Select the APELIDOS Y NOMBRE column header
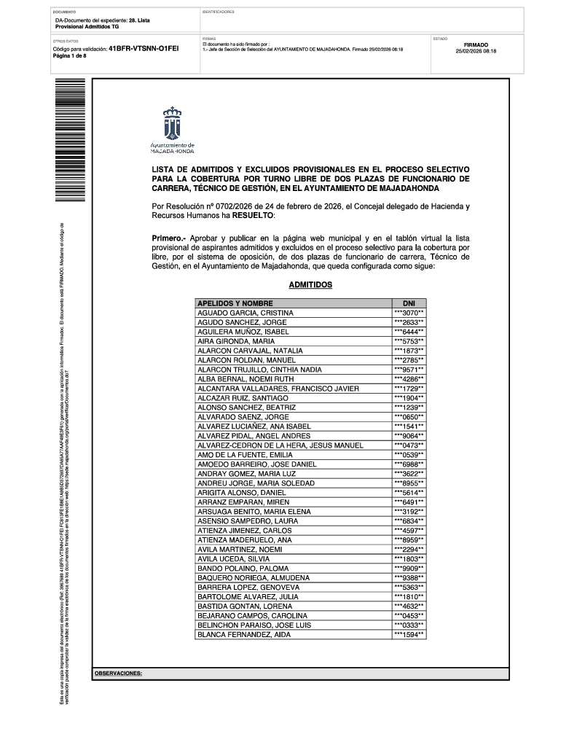pyautogui.click(x=235, y=303)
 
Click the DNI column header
pyautogui.click(x=409, y=303)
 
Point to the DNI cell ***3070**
pyautogui.click(x=409, y=313)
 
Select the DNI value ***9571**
pyautogui.click(x=409, y=370)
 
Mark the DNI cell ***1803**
pyautogui.click(x=409, y=559)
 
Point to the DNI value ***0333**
pyautogui.click(x=409, y=625)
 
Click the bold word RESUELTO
pyautogui.click(x=253, y=217)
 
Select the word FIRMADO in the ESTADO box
pyautogui.click(x=476, y=44)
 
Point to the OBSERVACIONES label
pyautogui.click(x=118, y=674)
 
